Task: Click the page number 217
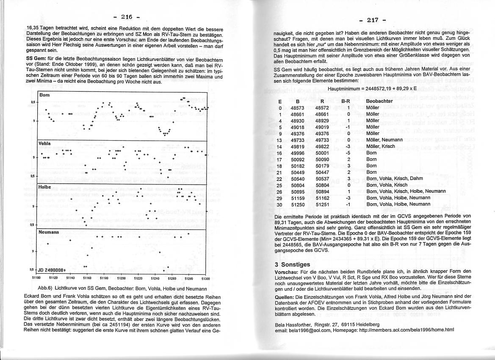click(x=372, y=19)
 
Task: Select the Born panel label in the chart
click(x=44, y=95)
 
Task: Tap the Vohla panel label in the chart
click(x=45, y=143)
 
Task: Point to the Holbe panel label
click(x=45, y=186)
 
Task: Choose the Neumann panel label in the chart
click(x=48, y=233)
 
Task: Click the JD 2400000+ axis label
click(x=52, y=269)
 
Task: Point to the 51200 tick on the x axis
click(x=121, y=278)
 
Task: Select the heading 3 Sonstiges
click(x=292, y=264)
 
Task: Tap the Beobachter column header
click(x=379, y=102)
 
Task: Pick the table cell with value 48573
click(x=298, y=108)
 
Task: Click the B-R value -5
click(x=347, y=153)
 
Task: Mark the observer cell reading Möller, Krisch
click(x=380, y=147)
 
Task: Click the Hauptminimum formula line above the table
click(x=372, y=89)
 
